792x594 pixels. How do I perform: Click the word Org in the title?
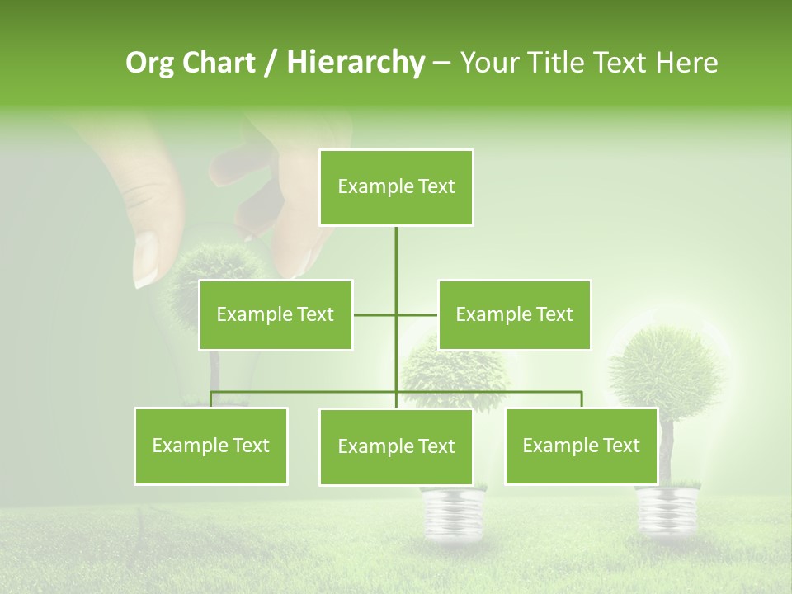[x=151, y=63]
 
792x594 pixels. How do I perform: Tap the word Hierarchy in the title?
[x=356, y=63]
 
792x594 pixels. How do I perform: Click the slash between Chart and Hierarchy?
[x=271, y=63]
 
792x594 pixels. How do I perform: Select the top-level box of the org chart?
[x=396, y=187]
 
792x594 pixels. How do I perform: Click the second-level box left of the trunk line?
[x=276, y=314]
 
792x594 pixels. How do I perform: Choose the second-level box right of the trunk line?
[x=514, y=314]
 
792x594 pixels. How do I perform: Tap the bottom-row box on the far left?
[x=210, y=445]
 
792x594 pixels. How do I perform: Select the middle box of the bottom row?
[x=396, y=446]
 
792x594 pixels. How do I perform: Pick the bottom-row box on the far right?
[x=581, y=445]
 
